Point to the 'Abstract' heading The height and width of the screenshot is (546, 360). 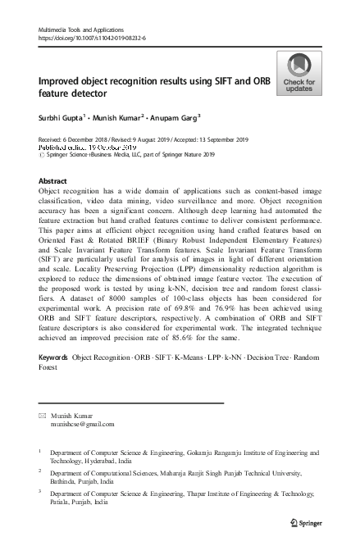[x=52, y=180]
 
